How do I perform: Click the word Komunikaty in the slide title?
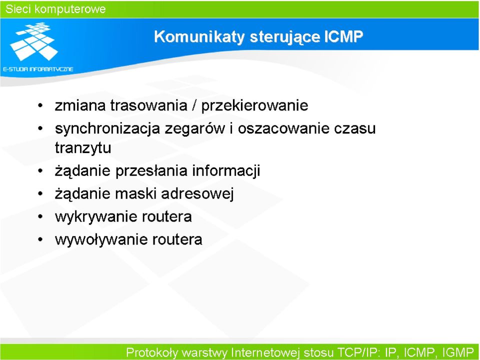[x=199, y=37]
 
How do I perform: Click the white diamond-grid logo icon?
[x=34, y=41]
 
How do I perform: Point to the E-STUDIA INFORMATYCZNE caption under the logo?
[x=38, y=69]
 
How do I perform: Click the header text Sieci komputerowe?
[x=55, y=9]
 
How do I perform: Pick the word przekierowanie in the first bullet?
[x=254, y=106]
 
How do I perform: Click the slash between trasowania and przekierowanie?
[x=194, y=105]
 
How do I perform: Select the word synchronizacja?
[x=107, y=129]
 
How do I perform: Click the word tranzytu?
[x=83, y=148]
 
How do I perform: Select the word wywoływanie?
[x=101, y=240]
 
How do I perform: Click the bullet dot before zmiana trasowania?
[x=40, y=106]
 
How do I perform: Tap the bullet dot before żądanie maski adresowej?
[x=40, y=194]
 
